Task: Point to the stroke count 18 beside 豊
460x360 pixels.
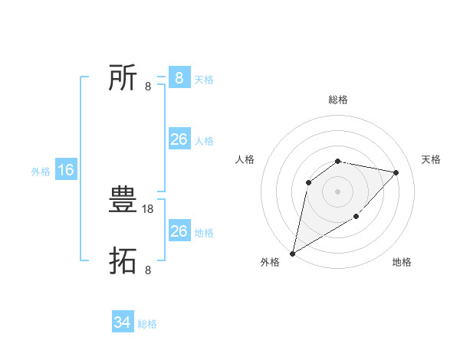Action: pos(148,208)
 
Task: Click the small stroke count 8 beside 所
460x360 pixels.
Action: pos(148,86)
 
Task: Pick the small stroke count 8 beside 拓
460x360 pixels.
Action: pos(148,270)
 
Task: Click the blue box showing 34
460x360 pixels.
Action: pos(123,322)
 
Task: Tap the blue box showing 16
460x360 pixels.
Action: pos(66,170)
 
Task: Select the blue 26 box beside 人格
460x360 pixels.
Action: pos(179,139)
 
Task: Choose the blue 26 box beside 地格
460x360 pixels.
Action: pos(179,231)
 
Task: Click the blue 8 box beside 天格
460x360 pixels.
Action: pos(179,78)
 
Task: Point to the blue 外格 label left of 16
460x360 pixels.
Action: pos(41,172)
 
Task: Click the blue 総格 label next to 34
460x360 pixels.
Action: pos(147,324)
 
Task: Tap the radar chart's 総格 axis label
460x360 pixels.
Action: pos(338,100)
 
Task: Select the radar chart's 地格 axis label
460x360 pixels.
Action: pos(402,263)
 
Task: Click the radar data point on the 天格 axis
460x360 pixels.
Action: pos(396,172)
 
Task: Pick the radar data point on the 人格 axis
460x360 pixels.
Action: pos(308,182)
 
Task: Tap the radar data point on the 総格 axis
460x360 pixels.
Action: pos(338,161)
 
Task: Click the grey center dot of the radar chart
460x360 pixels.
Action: pos(338,191)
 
